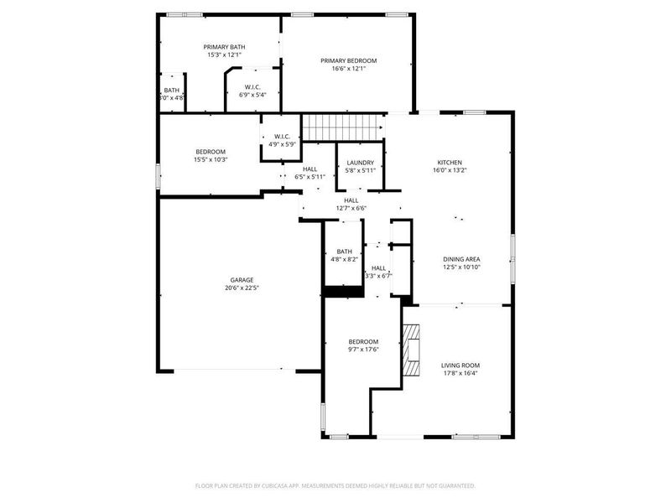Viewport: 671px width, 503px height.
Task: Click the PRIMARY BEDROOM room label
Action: (x=349, y=60)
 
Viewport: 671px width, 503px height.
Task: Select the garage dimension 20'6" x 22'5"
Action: (x=242, y=288)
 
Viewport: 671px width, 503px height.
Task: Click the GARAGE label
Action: (x=242, y=280)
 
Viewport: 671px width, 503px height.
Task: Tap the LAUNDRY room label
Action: (x=360, y=163)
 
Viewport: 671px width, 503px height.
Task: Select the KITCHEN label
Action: (x=450, y=163)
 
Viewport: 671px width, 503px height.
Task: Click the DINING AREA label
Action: (x=461, y=259)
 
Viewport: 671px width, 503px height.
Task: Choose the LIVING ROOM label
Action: (x=460, y=366)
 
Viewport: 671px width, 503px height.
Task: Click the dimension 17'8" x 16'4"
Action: (x=460, y=374)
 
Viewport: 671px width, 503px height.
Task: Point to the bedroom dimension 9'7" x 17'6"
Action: (x=363, y=350)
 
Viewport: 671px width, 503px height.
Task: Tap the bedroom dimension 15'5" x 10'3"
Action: (x=211, y=159)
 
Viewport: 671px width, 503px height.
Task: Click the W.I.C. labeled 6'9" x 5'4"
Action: (x=252, y=91)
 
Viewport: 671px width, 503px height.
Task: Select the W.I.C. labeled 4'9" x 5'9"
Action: (x=281, y=140)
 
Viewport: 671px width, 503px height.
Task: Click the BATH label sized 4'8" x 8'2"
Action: (x=344, y=251)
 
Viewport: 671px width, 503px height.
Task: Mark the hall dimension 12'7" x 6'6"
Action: (x=351, y=209)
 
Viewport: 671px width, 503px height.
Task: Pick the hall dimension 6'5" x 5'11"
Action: (x=309, y=177)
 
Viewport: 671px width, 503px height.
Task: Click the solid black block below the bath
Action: (x=342, y=291)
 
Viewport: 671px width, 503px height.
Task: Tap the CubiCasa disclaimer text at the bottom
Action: (x=335, y=485)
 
